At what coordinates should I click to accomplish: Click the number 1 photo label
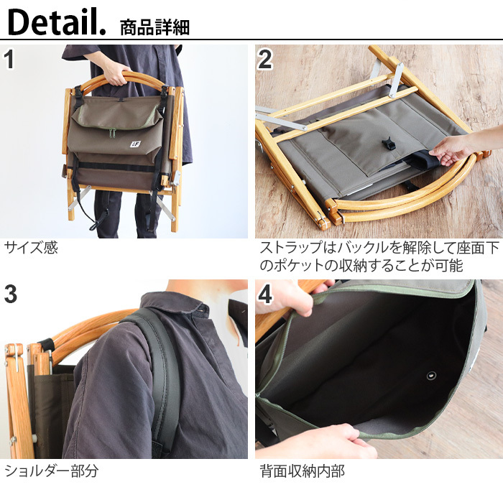coord(9,60)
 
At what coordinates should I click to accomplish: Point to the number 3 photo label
coord(10,294)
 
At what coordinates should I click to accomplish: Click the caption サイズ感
coord(31,249)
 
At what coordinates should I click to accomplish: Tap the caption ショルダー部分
coord(51,471)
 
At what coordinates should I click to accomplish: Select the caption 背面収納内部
coord(302,471)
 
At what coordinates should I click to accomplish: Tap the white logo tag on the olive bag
coord(135,142)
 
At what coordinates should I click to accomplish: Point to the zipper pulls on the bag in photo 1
coord(111,133)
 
